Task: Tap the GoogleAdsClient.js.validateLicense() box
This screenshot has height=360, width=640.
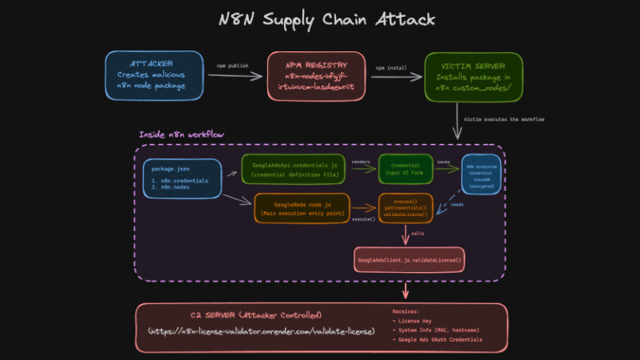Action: (x=410, y=260)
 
